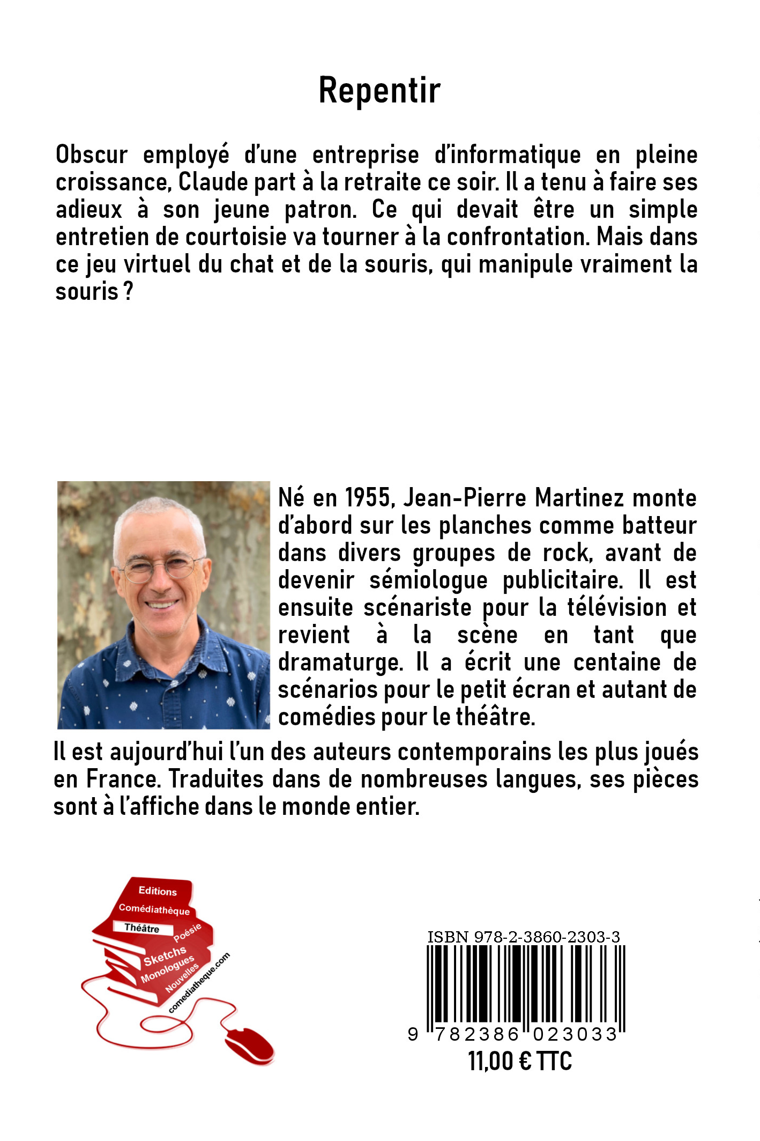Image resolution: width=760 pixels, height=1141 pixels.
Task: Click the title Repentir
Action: coord(379,90)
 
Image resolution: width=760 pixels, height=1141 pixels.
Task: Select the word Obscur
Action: coord(92,155)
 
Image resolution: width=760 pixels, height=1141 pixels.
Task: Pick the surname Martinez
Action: coord(579,498)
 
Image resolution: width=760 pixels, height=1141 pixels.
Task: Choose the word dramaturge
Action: coord(340,662)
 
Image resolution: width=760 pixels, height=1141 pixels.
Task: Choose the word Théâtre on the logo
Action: coord(141,928)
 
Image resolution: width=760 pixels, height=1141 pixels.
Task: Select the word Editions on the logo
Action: coord(157,891)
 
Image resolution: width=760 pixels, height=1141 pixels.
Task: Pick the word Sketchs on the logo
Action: coord(165,956)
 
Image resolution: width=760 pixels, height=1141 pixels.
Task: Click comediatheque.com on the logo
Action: coord(199,983)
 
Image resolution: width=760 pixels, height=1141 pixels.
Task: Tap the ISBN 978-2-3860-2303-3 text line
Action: coord(523,937)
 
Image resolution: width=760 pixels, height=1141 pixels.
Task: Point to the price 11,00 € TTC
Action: coord(520,1062)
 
